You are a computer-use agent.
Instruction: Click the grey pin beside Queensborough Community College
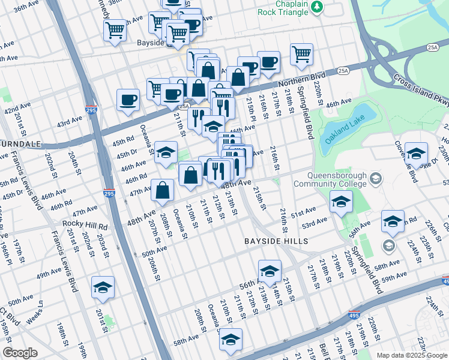pos(376,178)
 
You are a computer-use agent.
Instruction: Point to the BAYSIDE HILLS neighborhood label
pos(276,241)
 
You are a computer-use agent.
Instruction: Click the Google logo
pos(20,352)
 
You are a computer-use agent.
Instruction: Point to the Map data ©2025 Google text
pos(412,355)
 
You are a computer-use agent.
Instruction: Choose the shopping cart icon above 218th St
pos(301,54)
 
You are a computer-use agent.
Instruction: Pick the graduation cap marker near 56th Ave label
pos(270,271)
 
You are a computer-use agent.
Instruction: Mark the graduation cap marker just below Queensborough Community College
pos(341,202)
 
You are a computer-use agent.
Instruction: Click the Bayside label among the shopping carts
pos(151,43)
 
